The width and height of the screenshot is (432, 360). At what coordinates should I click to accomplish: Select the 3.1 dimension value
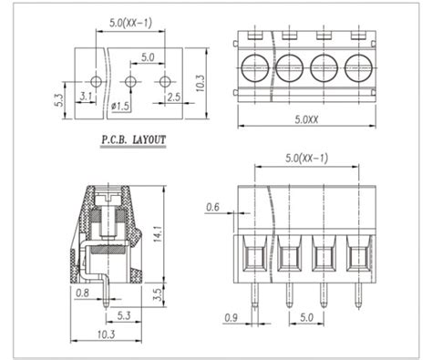pos(87,95)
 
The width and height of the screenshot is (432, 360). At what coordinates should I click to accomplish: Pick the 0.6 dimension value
pos(213,206)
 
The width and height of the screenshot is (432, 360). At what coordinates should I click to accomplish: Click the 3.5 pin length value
pos(159,293)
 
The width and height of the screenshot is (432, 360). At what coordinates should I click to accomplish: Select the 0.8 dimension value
pos(83,293)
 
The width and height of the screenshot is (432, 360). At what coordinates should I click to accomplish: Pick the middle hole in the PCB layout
pos(130,81)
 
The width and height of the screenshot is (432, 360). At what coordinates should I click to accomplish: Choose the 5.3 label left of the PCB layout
pos(58,95)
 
